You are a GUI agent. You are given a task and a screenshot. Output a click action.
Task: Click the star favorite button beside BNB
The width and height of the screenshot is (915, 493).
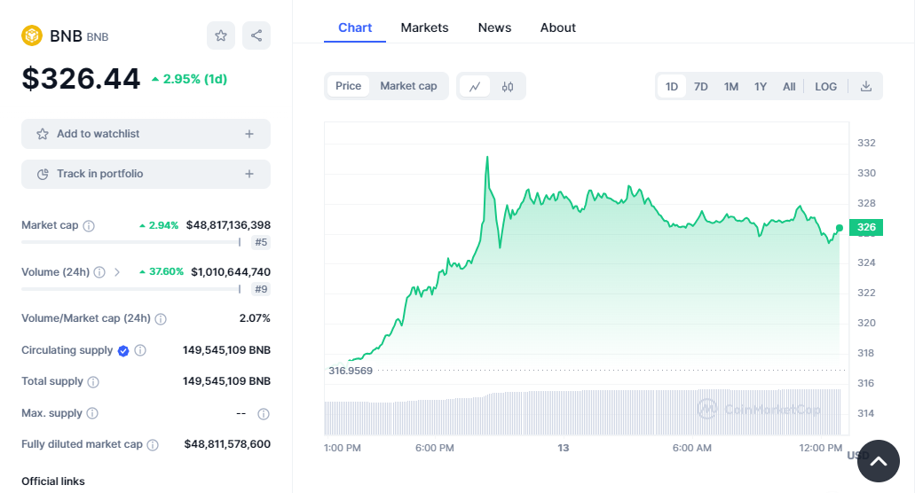tap(221, 35)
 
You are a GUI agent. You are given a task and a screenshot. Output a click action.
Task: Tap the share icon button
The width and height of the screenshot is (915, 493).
tap(256, 35)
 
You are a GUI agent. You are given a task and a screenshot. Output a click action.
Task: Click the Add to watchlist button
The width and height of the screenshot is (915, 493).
tap(146, 134)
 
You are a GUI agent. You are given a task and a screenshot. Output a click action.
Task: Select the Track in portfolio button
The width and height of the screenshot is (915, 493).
tap(146, 174)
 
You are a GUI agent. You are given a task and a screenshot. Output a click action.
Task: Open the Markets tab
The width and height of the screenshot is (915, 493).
tap(424, 27)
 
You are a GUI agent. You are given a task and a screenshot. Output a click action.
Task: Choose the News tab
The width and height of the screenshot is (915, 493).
tap(494, 27)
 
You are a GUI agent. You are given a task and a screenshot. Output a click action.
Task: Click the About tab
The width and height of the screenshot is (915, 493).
tap(557, 27)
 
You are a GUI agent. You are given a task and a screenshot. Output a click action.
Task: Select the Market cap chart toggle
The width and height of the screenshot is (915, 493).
tap(408, 86)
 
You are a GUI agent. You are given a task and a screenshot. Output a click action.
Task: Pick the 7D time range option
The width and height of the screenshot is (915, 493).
tap(700, 86)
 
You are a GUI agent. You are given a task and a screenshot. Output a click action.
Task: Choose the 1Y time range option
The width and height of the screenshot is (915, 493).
tap(761, 86)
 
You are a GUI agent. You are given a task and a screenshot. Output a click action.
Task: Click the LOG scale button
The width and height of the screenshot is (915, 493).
tap(825, 86)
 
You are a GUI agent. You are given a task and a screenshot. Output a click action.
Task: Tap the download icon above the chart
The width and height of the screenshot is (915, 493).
tap(866, 86)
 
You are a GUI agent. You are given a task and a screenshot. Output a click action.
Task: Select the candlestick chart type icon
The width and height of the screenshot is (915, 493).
tap(508, 86)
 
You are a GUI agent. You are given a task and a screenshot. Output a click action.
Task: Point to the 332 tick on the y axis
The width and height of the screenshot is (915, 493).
tap(866, 143)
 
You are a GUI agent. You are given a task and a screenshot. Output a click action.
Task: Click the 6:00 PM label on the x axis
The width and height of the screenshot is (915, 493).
tap(434, 448)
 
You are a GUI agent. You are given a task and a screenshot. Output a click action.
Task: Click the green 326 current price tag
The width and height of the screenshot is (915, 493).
tap(865, 228)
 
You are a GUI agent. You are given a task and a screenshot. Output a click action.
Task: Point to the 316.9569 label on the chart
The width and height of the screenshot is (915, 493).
tap(351, 371)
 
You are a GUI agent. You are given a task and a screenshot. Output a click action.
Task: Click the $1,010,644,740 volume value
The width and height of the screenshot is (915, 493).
tap(231, 272)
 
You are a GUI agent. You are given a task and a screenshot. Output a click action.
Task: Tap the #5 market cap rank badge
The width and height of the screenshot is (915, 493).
tap(261, 242)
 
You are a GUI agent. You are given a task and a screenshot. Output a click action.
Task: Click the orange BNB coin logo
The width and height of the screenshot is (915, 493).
tap(32, 35)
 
